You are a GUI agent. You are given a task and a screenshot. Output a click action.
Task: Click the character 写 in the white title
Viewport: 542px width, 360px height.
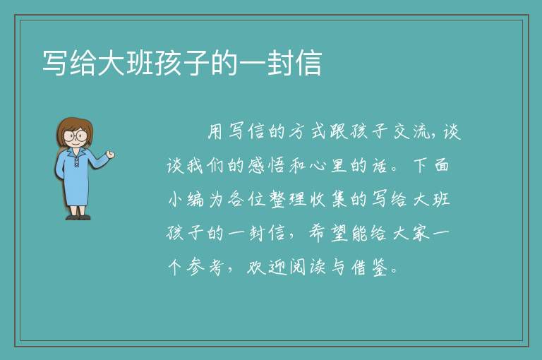54,63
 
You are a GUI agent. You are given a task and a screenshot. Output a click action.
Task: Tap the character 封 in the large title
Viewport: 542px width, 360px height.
279,63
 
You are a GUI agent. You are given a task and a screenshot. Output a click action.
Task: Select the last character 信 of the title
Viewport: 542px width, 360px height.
308,63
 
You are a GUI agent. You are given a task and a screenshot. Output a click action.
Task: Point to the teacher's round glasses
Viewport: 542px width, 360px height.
76,136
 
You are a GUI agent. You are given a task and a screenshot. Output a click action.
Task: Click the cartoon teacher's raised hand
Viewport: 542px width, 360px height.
110,155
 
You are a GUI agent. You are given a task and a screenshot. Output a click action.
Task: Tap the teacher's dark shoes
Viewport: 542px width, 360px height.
78,217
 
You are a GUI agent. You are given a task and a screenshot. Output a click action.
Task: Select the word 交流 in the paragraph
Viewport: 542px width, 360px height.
412,131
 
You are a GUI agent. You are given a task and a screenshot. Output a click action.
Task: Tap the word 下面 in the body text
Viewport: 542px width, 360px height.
431,165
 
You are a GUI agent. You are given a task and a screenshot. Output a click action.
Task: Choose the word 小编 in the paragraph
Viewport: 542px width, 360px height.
186,199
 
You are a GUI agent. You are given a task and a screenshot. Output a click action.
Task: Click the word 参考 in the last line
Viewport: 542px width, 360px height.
206,267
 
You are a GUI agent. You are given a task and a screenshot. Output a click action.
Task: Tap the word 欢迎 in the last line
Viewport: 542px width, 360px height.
267,267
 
